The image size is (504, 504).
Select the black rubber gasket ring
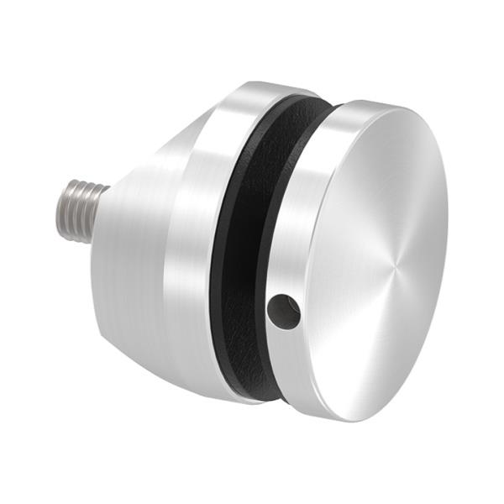click(252, 252)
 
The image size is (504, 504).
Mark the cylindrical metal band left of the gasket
click(197, 244)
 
